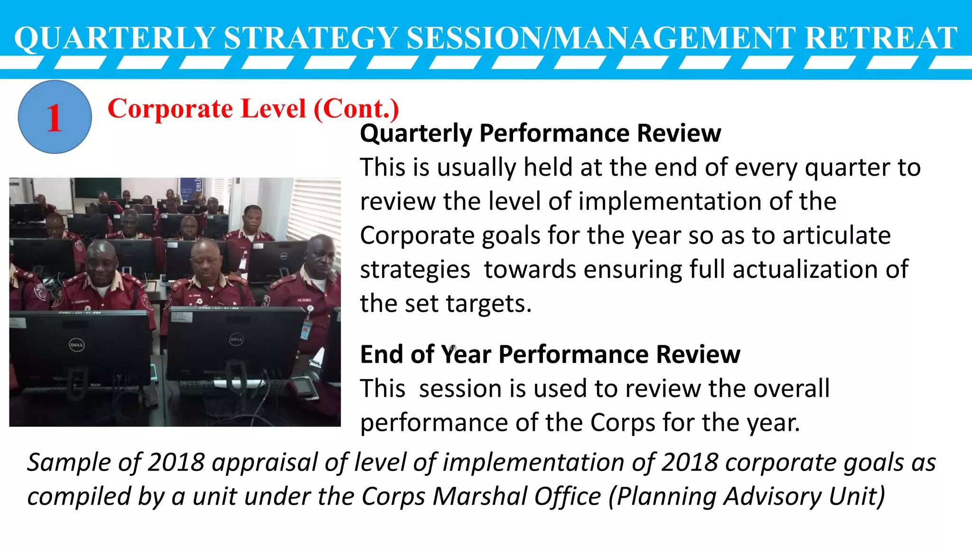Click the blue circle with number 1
(x=55, y=117)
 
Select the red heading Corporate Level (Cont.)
(x=253, y=109)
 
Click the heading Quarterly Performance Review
(x=540, y=133)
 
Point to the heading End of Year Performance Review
(x=550, y=354)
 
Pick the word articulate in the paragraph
(x=836, y=236)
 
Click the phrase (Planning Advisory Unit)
(x=747, y=497)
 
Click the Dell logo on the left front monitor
(x=77, y=345)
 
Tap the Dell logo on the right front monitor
(x=236, y=339)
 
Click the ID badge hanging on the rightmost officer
(x=306, y=328)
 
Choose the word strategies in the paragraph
(x=415, y=269)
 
